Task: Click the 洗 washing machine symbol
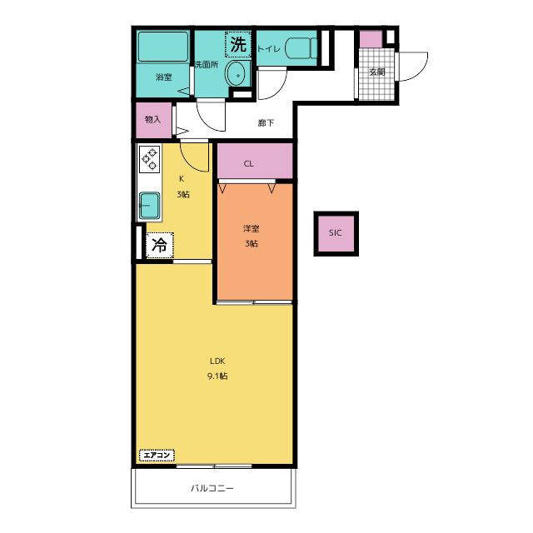(238, 44)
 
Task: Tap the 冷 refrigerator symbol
(159, 245)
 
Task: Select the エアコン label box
(157, 456)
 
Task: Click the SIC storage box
(336, 233)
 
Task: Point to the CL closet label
(248, 164)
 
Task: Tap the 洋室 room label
(252, 229)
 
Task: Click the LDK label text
(217, 361)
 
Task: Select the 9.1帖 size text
(217, 376)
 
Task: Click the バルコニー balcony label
(212, 489)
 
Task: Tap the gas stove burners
(150, 159)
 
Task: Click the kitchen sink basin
(150, 206)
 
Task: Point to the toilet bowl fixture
(301, 48)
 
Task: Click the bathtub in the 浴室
(163, 47)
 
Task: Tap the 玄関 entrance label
(377, 72)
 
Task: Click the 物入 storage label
(152, 119)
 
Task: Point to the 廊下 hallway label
(266, 122)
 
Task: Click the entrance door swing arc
(421, 72)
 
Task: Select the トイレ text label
(268, 49)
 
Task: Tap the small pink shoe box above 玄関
(371, 39)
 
